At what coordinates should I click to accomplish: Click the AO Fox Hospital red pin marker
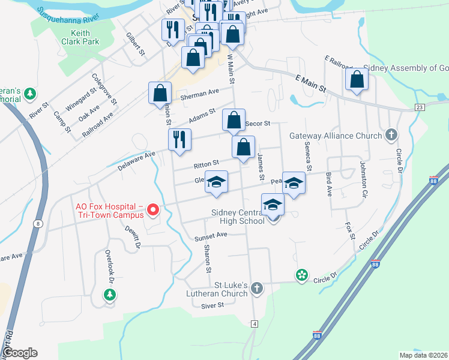coord(152,209)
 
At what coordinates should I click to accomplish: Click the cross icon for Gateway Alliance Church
coord(392,134)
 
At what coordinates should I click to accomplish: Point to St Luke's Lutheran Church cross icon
coord(257,288)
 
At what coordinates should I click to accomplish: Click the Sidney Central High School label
coord(238,217)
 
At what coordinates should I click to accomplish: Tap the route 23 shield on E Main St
coord(419,107)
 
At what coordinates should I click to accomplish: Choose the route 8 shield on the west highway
coord(38,223)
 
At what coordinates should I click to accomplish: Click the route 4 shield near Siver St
coord(255,324)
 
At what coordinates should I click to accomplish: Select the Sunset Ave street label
coord(211,236)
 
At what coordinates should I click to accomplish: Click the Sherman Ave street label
coord(200,93)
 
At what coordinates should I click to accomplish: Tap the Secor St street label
coord(259,124)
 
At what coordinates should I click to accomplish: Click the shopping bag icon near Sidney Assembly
coord(357,80)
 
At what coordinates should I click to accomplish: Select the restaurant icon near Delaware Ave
coord(179,140)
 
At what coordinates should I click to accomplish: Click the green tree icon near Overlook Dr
coord(109,295)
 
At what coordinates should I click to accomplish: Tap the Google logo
coord(20,353)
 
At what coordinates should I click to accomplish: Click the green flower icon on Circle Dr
coord(301,275)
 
